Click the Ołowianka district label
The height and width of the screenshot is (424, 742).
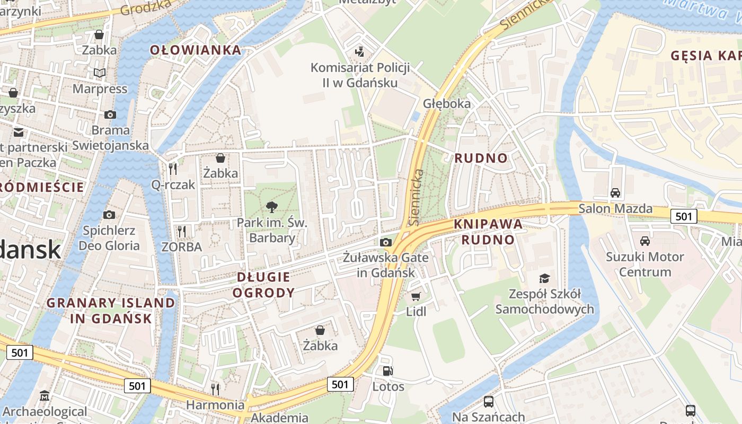click(196, 50)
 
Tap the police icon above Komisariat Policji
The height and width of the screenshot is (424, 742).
click(360, 52)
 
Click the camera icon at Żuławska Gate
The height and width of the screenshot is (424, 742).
click(386, 242)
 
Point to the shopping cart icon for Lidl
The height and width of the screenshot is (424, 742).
click(416, 296)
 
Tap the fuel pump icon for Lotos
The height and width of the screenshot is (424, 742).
click(388, 371)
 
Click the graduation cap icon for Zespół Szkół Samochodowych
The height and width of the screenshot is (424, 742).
click(544, 279)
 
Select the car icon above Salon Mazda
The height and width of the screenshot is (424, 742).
click(615, 193)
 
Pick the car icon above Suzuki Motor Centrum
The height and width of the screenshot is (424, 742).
click(645, 241)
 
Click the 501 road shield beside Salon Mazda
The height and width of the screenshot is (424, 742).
click(684, 216)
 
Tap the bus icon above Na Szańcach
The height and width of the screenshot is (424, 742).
click(489, 402)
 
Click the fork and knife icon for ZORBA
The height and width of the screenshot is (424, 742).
click(182, 232)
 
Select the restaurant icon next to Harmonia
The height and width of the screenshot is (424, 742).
click(215, 390)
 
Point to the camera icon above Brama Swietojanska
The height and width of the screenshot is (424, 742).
click(110, 115)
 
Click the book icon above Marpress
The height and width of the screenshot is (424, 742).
click(100, 73)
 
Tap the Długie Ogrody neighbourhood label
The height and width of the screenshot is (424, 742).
click(263, 285)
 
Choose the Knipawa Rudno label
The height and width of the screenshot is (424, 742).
click(488, 232)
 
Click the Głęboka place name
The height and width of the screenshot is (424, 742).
click(447, 103)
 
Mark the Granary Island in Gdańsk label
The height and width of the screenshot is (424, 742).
click(111, 311)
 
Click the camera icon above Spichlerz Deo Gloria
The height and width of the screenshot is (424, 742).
click(109, 215)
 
